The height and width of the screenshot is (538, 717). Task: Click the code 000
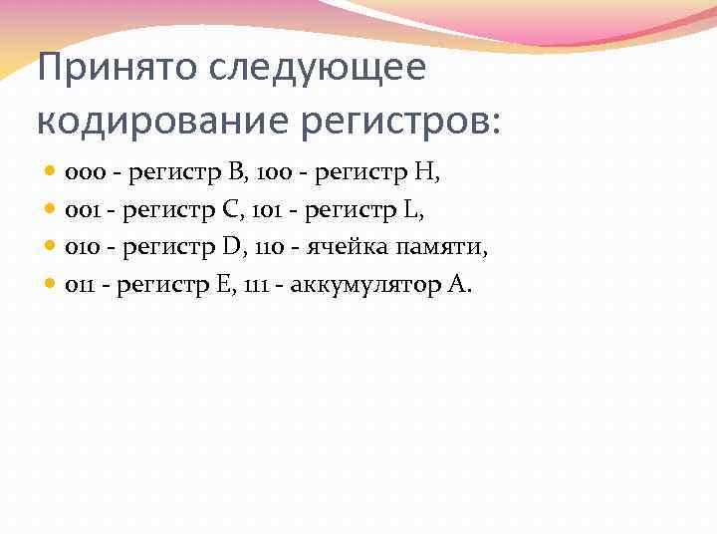pyautogui.click(x=80, y=175)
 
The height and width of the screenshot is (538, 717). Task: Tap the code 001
pyautogui.click(x=80, y=212)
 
